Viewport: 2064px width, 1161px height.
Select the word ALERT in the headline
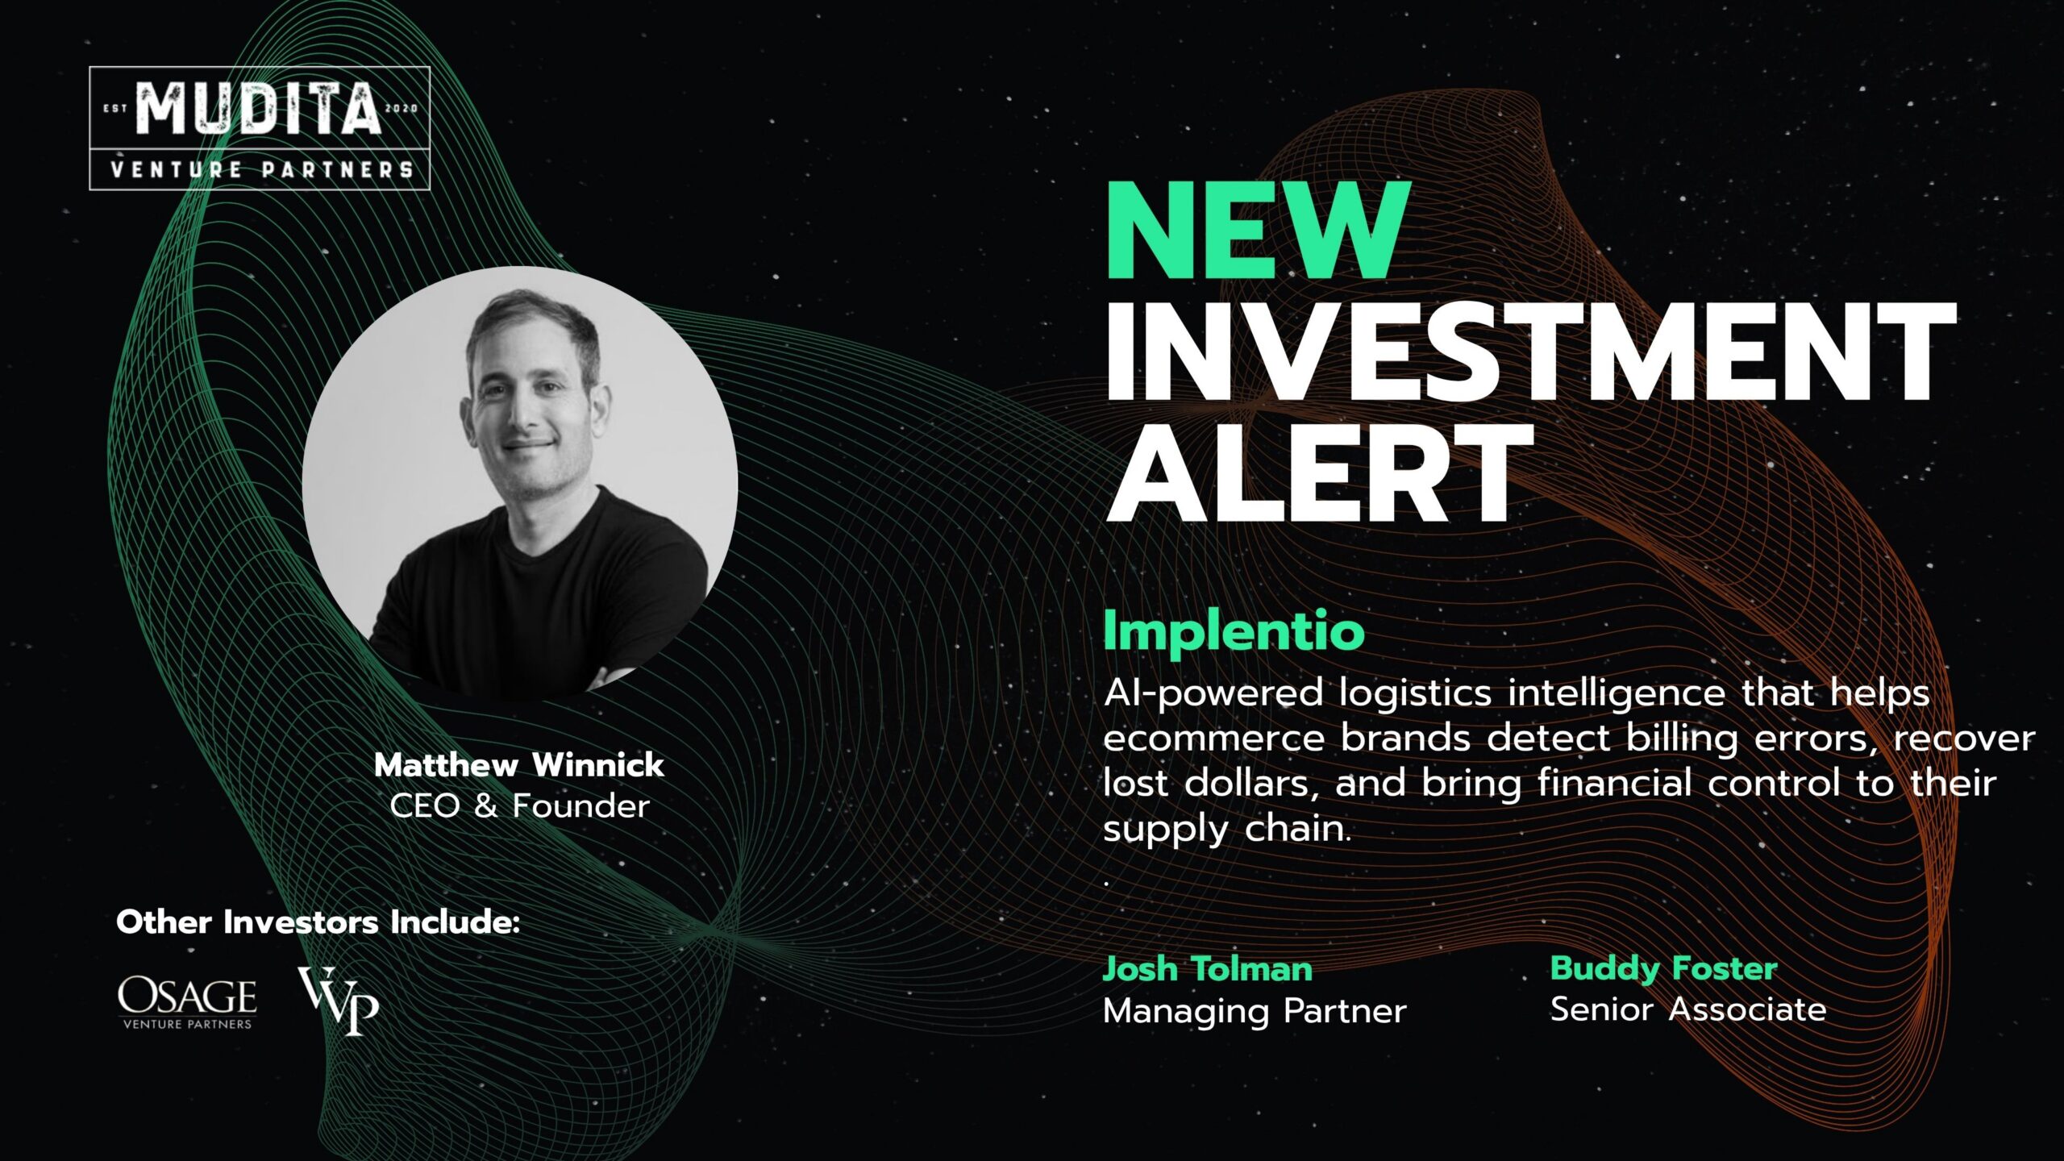(1319, 475)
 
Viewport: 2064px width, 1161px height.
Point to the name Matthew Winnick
(519, 765)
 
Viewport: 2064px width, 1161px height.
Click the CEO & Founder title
(519, 806)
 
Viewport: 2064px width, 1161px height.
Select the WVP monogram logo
(339, 1001)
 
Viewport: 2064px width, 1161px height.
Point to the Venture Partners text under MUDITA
(261, 170)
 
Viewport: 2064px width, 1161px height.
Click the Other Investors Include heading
(318, 922)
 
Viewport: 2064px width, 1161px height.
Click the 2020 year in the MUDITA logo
(402, 108)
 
